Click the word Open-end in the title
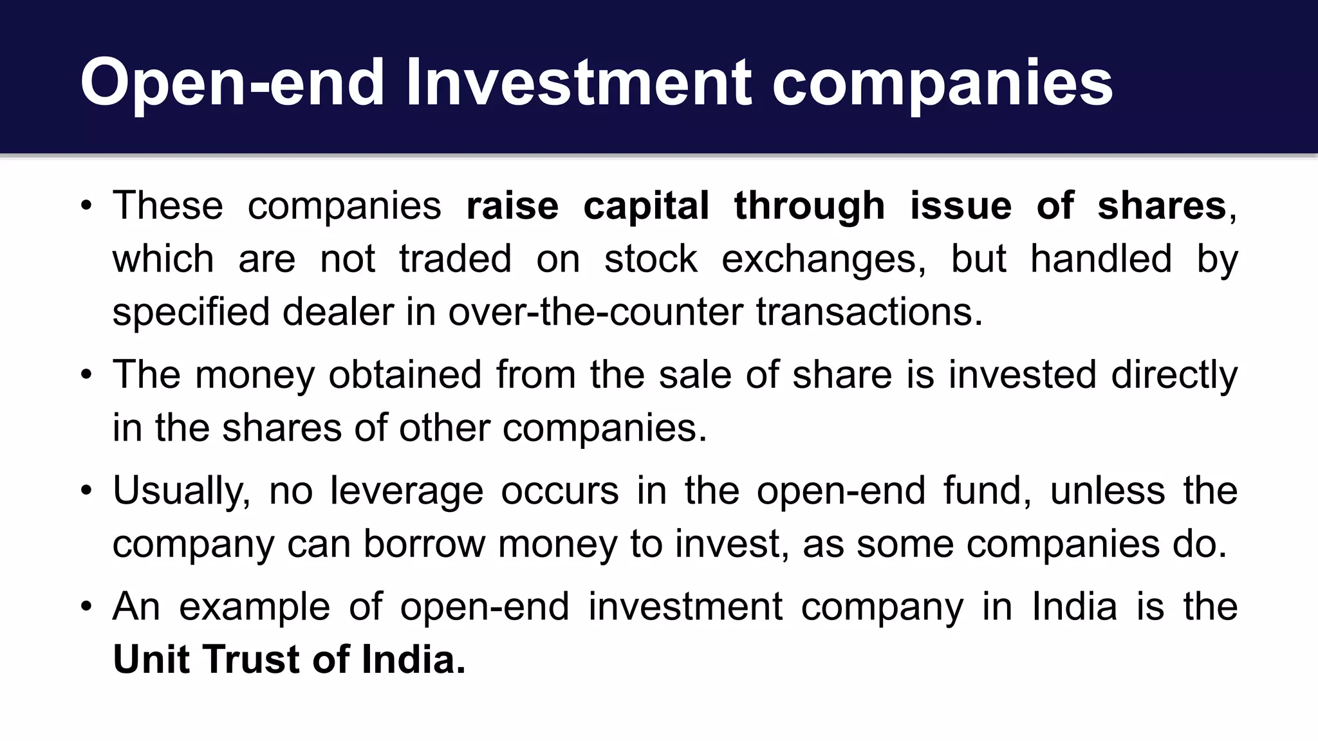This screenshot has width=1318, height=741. tap(232, 83)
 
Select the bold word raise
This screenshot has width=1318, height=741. tap(512, 206)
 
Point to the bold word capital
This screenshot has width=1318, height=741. tap(646, 206)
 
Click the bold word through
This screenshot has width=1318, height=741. tap(809, 206)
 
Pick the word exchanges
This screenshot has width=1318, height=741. tap(823, 259)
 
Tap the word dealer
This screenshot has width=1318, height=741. tap(338, 312)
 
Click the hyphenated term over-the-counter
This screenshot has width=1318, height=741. tap(595, 312)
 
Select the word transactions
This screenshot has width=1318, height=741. tap(869, 312)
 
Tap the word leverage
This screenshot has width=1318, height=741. tap(406, 491)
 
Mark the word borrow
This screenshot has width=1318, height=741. tap(424, 544)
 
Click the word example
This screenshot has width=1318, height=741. tap(254, 607)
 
